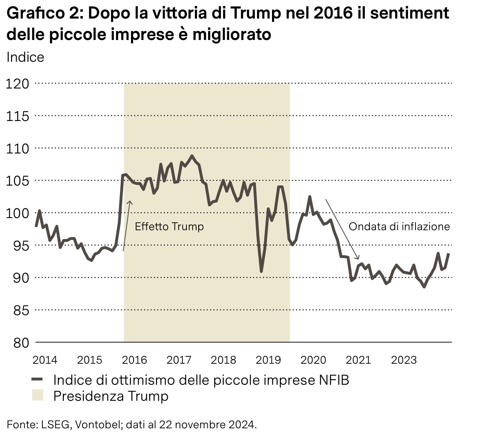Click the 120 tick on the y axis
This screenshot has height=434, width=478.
pyautogui.click(x=17, y=84)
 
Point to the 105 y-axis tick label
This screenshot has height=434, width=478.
pyautogui.click(x=17, y=181)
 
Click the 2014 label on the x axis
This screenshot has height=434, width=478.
pyautogui.click(x=45, y=360)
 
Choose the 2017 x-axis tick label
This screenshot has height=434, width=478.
pyautogui.click(x=179, y=360)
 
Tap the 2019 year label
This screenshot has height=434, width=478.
pyautogui.click(x=268, y=360)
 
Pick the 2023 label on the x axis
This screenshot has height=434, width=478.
pyautogui.click(x=404, y=360)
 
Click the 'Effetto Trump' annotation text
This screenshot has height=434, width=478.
pyautogui.click(x=169, y=227)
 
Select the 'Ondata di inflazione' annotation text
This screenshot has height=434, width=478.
pyautogui.click(x=399, y=227)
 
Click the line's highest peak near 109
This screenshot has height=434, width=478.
pyautogui.click(x=192, y=156)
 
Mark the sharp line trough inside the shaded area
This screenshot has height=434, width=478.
pyautogui.click(x=261, y=271)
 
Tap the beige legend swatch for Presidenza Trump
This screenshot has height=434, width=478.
pyautogui.click(x=37, y=396)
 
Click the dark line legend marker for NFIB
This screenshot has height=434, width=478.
pyautogui.click(x=37, y=379)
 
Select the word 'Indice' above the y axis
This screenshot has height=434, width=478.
pyautogui.click(x=25, y=57)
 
